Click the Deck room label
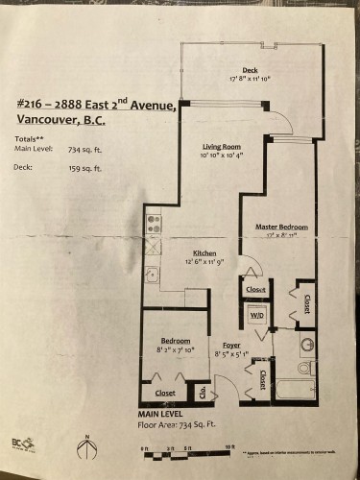(x=250, y=70)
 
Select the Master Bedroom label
(x=281, y=227)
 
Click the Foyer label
(x=231, y=343)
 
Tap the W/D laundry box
(x=256, y=315)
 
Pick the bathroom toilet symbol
(x=304, y=367)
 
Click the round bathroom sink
(x=306, y=344)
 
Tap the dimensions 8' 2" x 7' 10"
(x=175, y=351)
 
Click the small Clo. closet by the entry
(x=203, y=390)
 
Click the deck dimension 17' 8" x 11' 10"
(x=250, y=80)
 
